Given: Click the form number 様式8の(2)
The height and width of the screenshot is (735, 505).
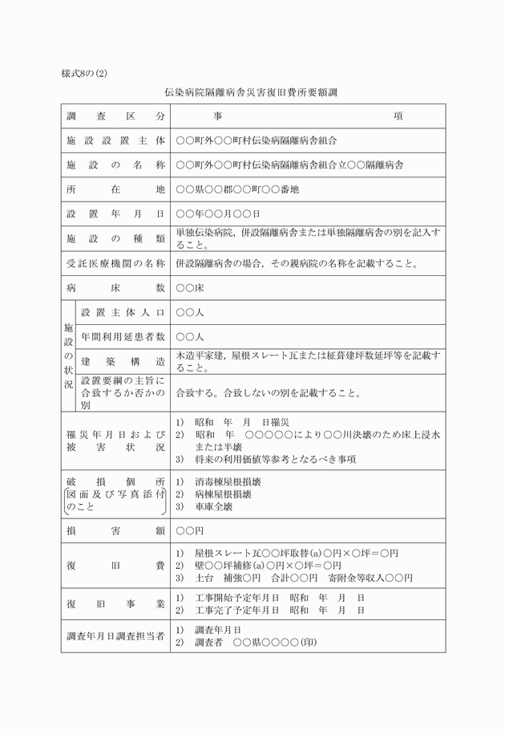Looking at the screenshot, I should click(x=84, y=73).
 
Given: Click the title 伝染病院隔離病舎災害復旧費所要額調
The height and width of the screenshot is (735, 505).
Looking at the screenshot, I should click(x=252, y=94).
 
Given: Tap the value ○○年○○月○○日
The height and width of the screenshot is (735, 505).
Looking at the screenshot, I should click(x=218, y=214).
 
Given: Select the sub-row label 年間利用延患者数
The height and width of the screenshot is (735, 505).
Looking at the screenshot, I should click(x=123, y=336).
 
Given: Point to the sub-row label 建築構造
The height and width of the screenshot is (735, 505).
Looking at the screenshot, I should click(x=123, y=361).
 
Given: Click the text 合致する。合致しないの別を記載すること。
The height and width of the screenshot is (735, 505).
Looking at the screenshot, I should click(x=272, y=393).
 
